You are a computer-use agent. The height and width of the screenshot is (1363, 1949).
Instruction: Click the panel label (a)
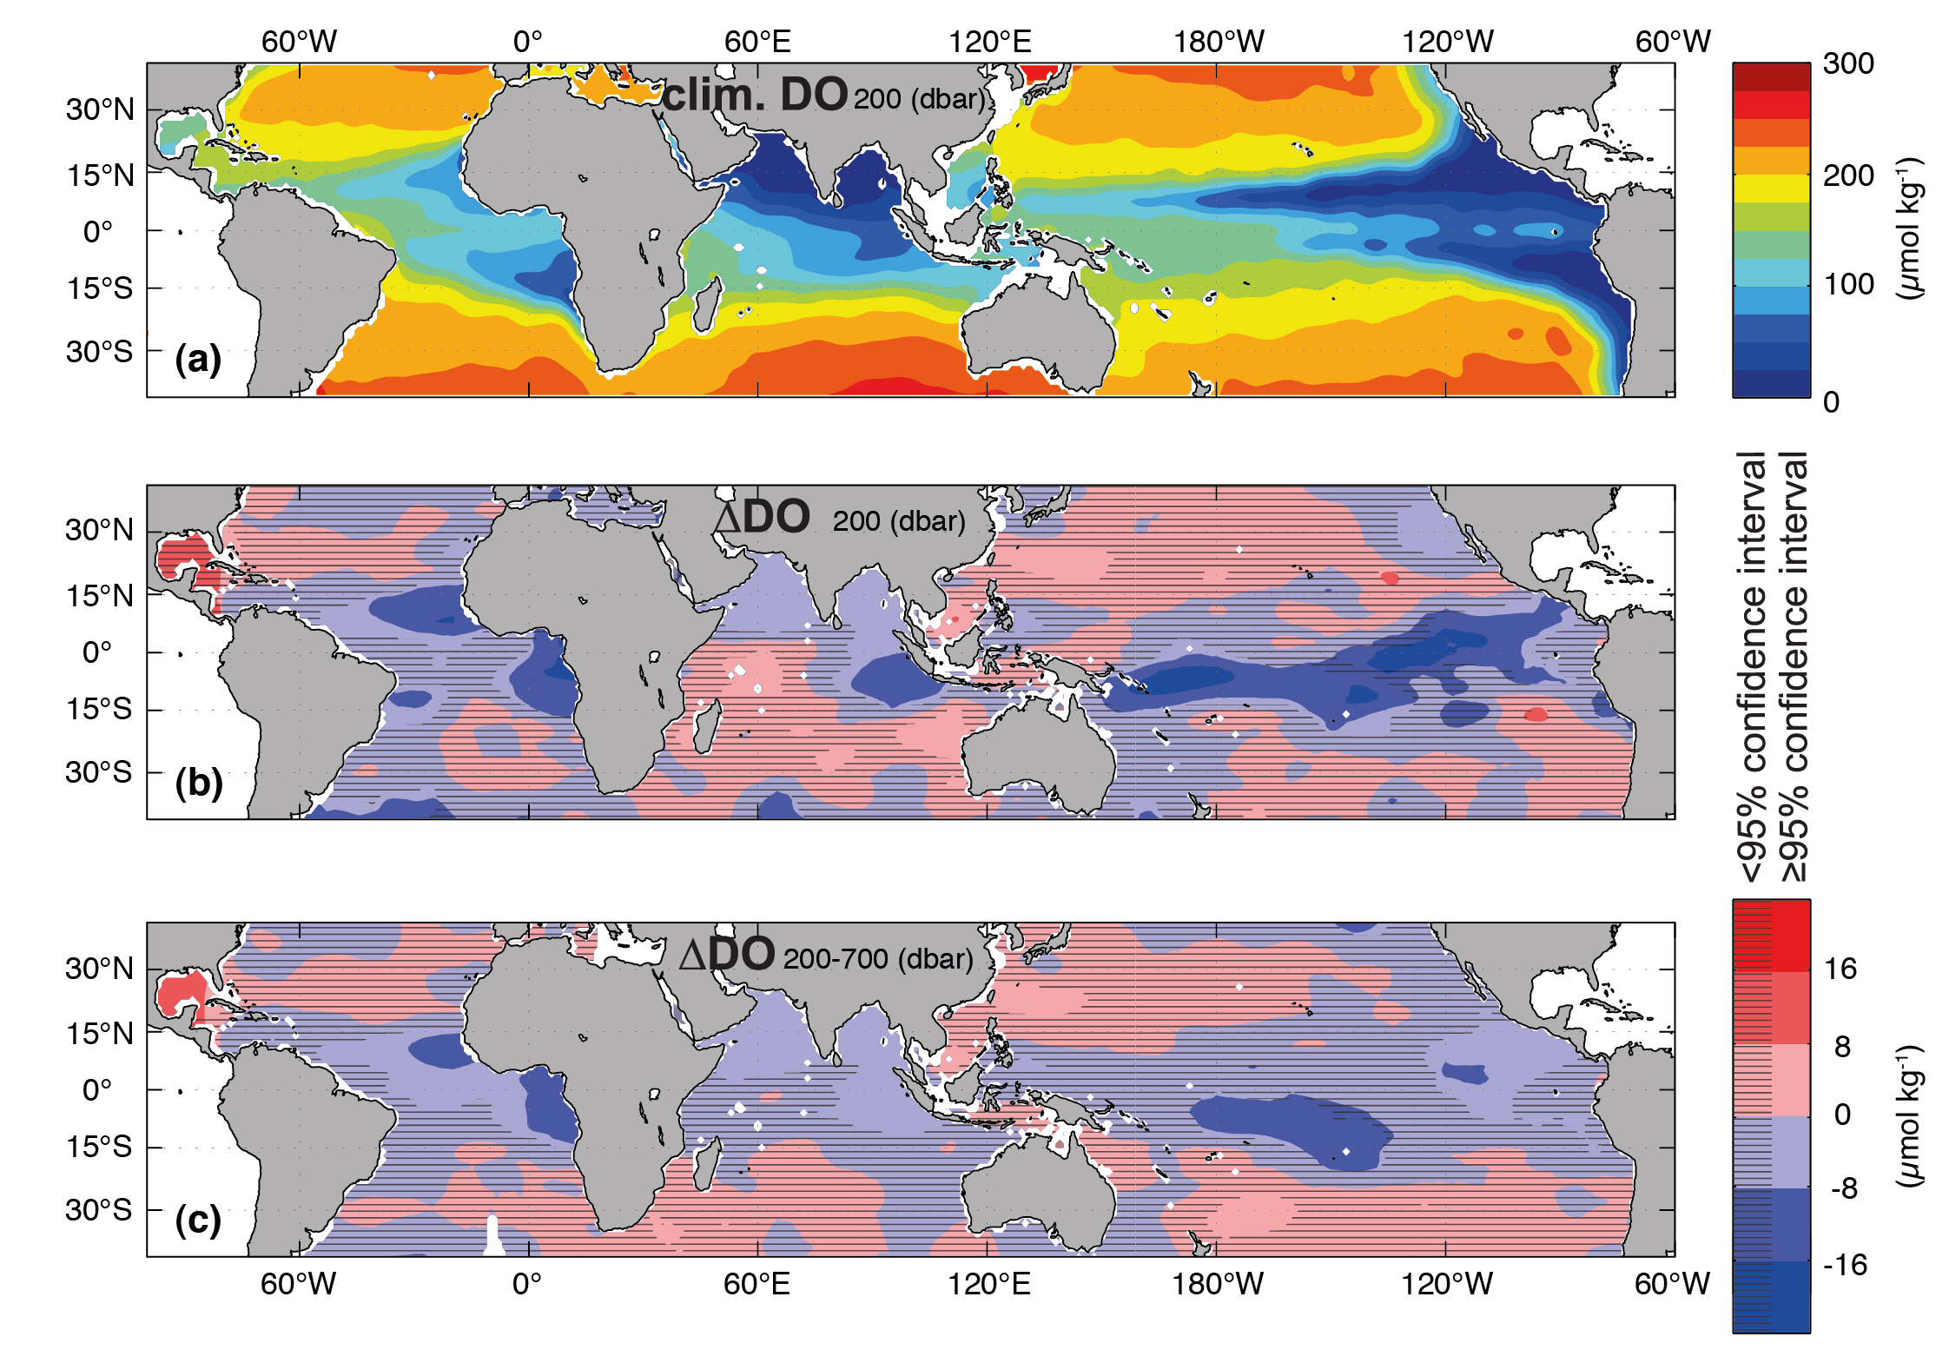coord(198,359)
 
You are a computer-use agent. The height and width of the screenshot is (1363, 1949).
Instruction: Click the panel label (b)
coord(198,783)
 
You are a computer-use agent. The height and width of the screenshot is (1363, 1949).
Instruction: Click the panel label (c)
coord(198,1221)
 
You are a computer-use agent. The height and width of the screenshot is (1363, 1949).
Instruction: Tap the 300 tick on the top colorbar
coord(1848,63)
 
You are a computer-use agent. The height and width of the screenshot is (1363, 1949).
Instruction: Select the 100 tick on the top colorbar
coord(1848,284)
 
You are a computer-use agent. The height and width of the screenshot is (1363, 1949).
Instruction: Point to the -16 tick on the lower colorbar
coord(1845,1265)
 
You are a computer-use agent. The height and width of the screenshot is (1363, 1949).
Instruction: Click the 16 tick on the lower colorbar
coord(1840,969)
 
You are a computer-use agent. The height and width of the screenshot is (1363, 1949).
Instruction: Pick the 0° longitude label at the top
coord(527,41)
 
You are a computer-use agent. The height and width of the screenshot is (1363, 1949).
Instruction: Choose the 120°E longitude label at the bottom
coord(988,1284)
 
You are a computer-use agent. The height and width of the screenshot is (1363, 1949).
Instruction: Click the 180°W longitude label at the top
coord(1219,41)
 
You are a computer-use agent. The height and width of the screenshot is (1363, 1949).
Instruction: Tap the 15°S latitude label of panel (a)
coord(100,288)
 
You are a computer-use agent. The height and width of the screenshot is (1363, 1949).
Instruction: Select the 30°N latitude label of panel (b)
coord(99,530)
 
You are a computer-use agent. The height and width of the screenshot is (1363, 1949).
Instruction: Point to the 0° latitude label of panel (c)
coord(97,1089)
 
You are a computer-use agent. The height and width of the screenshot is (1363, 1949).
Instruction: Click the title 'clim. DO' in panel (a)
coord(754,94)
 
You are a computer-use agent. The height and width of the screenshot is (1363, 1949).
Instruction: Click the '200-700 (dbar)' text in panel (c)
coord(877,959)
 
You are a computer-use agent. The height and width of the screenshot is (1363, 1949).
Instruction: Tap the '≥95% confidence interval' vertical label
coord(1794,665)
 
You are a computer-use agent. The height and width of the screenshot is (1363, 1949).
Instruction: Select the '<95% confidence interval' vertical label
coord(1753,665)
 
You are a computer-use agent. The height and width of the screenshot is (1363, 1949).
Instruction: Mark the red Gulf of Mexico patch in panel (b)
coord(182,557)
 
